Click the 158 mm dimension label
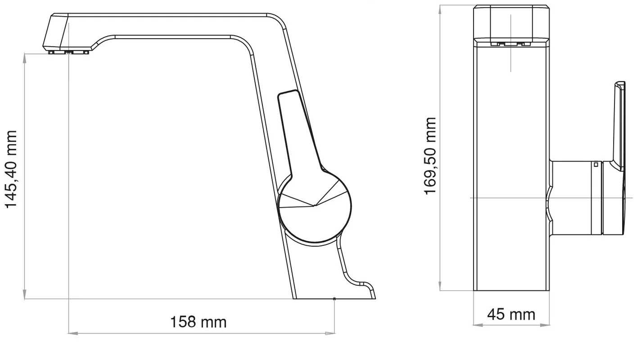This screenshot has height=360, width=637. pyautogui.click(x=198, y=322)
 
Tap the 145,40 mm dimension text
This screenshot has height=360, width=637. pyautogui.click(x=11, y=170)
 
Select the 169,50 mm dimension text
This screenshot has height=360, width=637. pyautogui.click(x=430, y=156)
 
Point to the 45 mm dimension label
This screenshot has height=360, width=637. pyautogui.click(x=511, y=315)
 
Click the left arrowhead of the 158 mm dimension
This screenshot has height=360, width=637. pyautogui.click(x=72, y=333)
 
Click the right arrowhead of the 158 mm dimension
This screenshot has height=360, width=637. pyautogui.click(x=330, y=333)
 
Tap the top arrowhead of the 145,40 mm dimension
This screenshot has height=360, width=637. pyautogui.click(x=25, y=58)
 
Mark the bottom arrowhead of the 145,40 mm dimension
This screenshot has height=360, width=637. pyautogui.click(x=25, y=294)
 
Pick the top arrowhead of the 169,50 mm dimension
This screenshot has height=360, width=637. pyautogui.click(x=440, y=10)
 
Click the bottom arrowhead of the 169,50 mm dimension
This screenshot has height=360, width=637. pyautogui.click(x=440, y=286)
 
